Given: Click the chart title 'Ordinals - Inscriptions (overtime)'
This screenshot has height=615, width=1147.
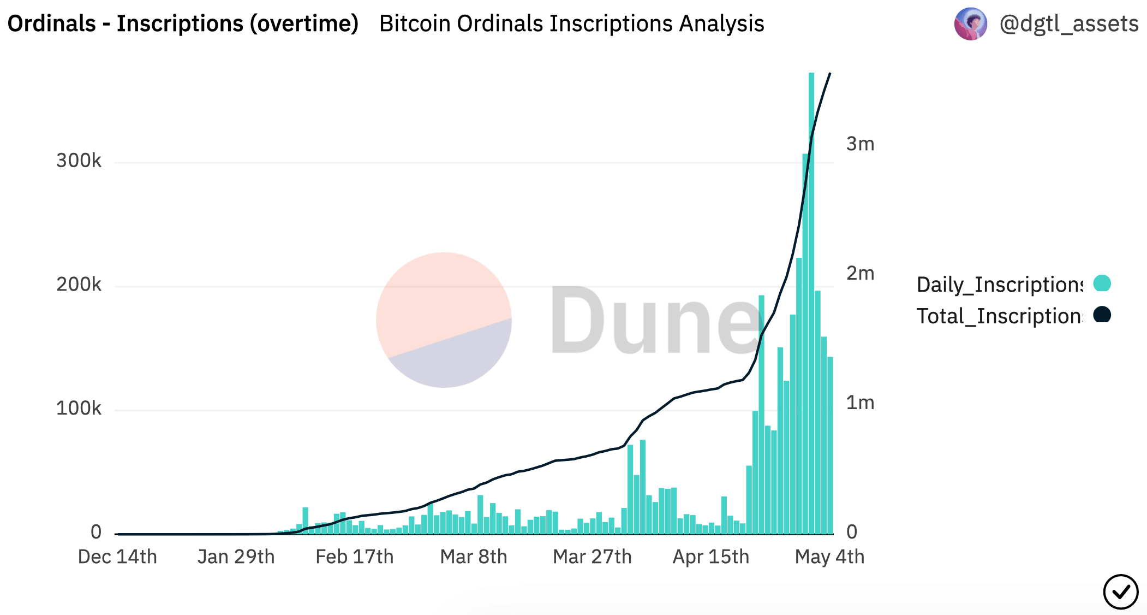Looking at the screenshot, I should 183,23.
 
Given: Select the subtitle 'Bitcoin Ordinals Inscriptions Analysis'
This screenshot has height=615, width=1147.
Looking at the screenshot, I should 571,23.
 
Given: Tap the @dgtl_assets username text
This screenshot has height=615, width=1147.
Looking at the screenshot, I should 1068,23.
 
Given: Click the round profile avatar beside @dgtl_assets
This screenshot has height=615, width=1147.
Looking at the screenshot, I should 970,24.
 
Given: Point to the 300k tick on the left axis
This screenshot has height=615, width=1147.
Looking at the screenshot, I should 79,161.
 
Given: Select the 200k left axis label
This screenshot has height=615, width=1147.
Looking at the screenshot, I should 79,285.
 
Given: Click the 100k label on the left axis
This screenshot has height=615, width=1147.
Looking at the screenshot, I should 79,409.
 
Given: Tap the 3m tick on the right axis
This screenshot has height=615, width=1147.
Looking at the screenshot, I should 860,144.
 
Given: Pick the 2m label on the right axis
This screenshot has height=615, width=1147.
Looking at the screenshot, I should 860,273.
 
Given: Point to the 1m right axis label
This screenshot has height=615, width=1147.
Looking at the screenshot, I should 860,403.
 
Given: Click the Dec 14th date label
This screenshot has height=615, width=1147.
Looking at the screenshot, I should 117,557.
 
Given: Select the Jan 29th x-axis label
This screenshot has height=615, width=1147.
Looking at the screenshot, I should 236,557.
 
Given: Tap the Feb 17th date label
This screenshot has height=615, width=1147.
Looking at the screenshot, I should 354,557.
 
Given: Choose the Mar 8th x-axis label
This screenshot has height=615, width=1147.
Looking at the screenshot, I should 474,557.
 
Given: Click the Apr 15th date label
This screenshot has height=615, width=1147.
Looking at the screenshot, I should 710,557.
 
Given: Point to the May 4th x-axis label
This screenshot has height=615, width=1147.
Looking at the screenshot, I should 829,557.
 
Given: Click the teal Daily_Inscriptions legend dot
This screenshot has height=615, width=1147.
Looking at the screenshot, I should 1102,283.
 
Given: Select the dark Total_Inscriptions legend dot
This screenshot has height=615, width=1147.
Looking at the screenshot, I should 1102,315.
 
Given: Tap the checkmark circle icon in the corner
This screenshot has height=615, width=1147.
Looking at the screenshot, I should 1120,592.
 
